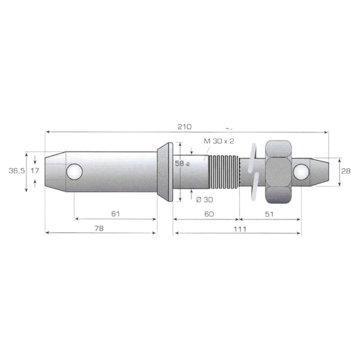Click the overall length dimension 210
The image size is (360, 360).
click(184, 127)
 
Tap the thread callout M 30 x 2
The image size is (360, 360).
click(219, 141)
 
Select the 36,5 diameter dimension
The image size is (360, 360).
click(17, 171)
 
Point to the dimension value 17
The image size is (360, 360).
click(35, 171)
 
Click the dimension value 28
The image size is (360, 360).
click(346, 171)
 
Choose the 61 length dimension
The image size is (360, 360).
click(115, 214)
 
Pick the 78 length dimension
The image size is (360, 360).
click(99, 228)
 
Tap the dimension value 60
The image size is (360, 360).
click(209, 214)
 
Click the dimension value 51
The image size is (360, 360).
click(269, 214)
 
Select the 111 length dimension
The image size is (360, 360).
click(240, 229)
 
